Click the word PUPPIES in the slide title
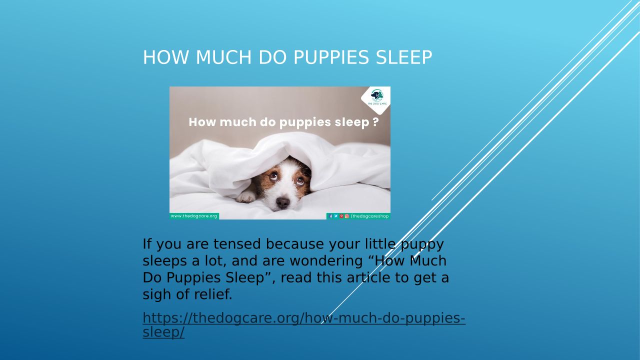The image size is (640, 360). click(331, 57)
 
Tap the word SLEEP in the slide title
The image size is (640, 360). click(404, 57)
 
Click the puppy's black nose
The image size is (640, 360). click(283, 202)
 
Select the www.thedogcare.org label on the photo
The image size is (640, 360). click(194, 216)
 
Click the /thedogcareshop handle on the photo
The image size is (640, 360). click(369, 216)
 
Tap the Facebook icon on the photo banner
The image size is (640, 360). click(331, 216)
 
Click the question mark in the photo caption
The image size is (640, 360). click(375, 122)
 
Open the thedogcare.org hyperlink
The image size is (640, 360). click(304, 325)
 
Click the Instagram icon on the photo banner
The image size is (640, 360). click(347, 216)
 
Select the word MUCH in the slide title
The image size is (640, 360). click(223, 57)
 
